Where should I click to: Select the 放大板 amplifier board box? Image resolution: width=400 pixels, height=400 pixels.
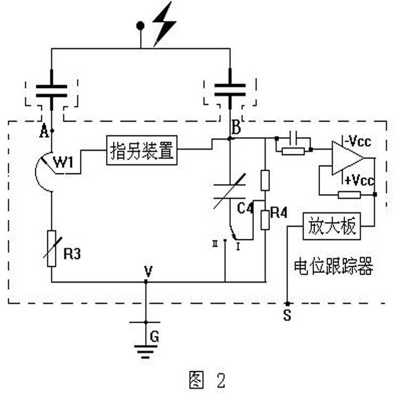pyautogui.click(x=332, y=227)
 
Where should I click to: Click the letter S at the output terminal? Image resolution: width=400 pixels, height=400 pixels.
pyautogui.click(x=287, y=316)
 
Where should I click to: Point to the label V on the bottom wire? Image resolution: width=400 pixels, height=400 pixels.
pyautogui.click(x=148, y=271)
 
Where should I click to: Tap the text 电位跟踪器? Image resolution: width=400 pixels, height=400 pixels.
pyautogui.click(x=333, y=267)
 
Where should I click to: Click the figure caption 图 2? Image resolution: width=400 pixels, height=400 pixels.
pyautogui.click(x=207, y=380)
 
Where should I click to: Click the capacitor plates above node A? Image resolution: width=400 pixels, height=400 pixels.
pyautogui.click(x=51, y=91)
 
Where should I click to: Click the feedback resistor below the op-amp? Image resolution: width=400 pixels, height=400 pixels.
pyautogui.click(x=349, y=194)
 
